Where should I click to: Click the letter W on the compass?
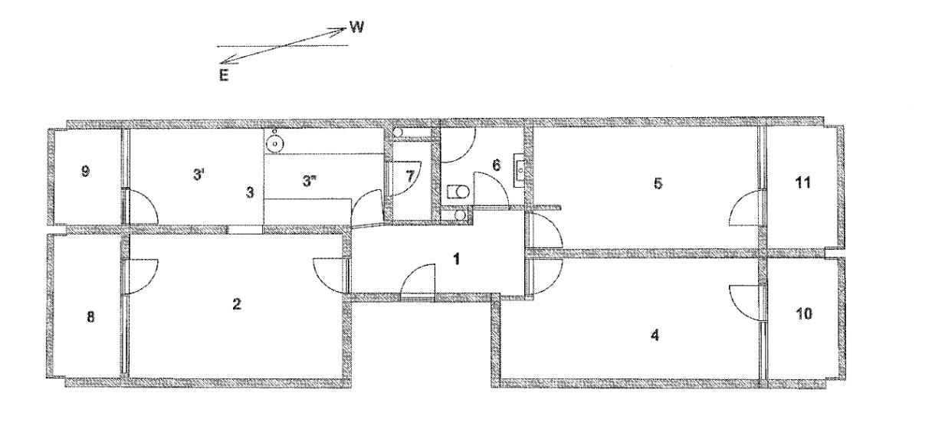point(356,28)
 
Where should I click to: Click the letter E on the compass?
point(224,75)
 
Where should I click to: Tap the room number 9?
point(85,171)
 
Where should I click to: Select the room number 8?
point(90,317)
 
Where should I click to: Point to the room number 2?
point(236,304)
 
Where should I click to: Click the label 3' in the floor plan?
point(199,175)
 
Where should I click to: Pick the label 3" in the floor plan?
point(308,182)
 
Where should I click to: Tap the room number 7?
point(410,177)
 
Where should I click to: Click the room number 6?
point(497,165)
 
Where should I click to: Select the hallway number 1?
point(457,260)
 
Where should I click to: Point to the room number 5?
point(658,183)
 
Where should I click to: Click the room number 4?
point(655,335)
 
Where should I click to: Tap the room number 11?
point(803,182)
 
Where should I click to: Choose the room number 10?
point(804,314)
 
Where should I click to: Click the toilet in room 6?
point(458,192)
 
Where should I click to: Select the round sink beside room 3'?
point(274,144)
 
